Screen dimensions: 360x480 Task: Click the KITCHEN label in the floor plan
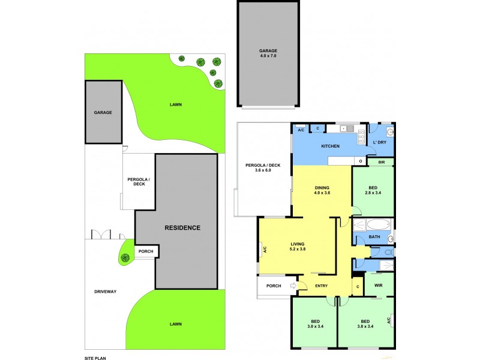331,146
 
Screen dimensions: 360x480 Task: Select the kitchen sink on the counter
345,128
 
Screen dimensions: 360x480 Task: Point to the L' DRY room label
379,142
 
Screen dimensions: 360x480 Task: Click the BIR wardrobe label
381,162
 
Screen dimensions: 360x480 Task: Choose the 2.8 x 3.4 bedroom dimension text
373,193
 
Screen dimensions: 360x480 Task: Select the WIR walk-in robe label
378,286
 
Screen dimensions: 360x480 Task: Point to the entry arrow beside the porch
293,286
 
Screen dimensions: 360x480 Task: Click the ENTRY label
322,286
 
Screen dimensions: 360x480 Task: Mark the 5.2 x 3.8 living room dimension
298,249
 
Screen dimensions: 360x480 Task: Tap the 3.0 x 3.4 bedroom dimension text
314,327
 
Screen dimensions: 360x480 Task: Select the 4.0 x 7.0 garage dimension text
268,56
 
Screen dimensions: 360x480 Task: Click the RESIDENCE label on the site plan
183,228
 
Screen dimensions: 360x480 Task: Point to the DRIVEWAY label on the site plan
105,292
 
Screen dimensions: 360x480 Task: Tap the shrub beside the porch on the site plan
125,258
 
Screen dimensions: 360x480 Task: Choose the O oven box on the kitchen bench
361,161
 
